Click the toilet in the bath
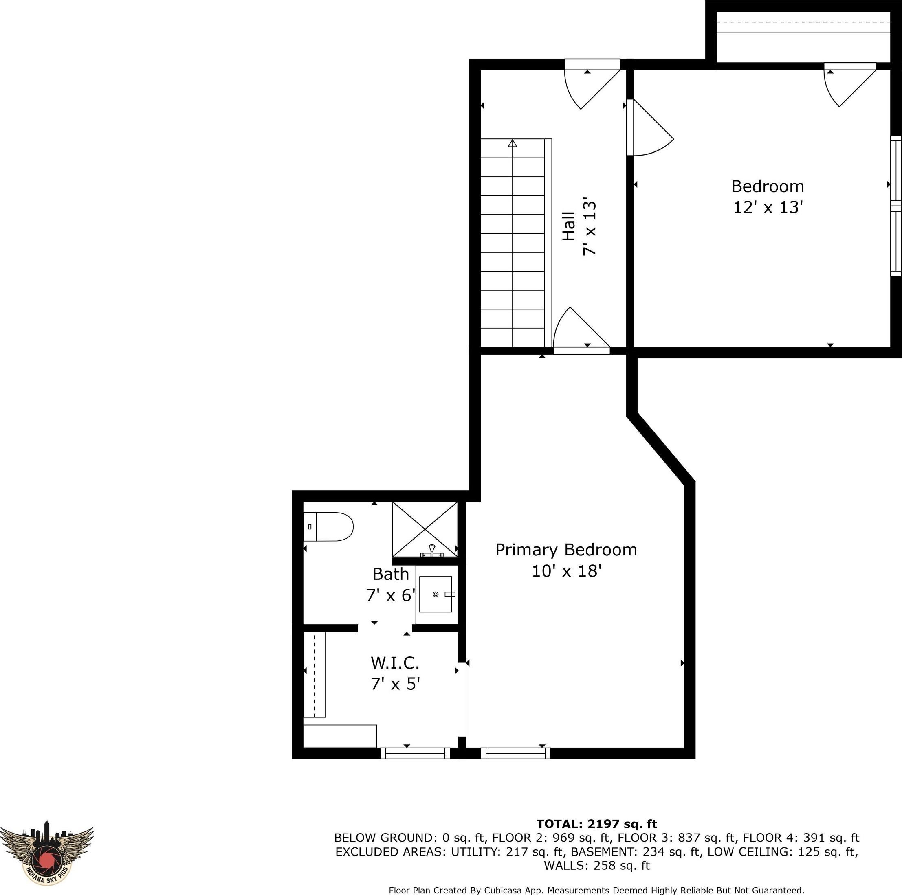click(328, 526)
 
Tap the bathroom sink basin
click(436, 594)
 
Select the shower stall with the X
click(425, 529)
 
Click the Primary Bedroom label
click(566, 550)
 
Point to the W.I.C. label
click(395, 662)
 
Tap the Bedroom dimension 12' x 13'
click(768, 207)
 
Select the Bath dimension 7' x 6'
click(391, 595)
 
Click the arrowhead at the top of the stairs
click(513, 143)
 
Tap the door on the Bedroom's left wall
click(650, 127)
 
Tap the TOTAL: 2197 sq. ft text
click(597, 824)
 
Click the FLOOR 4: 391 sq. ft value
click(801, 838)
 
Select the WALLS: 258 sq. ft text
click(597, 866)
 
